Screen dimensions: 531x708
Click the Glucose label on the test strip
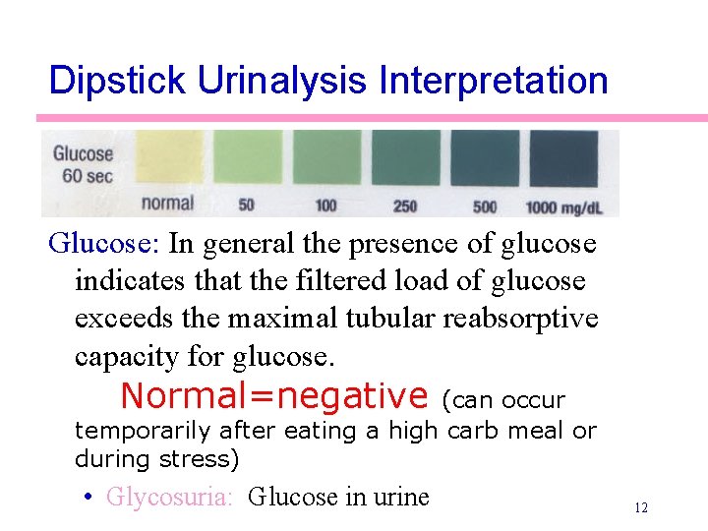pyautogui.click(x=83, y=154)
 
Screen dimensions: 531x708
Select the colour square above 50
pyautogui.click(x=247, y=160)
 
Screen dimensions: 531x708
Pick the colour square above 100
pyautogui.click(x=325, y=160)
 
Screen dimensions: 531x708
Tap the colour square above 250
pyautogui.click(x=405, y=160)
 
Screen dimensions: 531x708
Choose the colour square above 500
pyautogui.click(x=485, y=160)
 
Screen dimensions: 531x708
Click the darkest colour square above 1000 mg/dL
pyautogui.click(x=563, y=160)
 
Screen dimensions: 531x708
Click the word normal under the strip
pyautogui.click(x=167, y=204)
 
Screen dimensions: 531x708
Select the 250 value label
pyautogui.click(x=405, y=206)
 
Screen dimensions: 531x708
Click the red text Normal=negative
pyautogui.click(x=274, y=396)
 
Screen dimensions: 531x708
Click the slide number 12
pyautogui.click(x=641, y=507)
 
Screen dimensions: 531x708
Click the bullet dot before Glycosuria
pyautogui.click(x=88, y=497)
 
